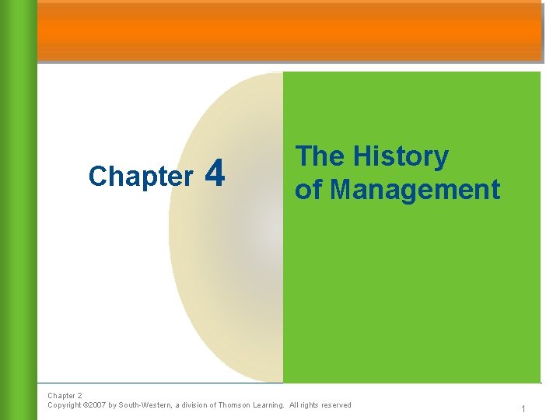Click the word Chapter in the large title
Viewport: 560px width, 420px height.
141,177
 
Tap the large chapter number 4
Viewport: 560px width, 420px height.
218,173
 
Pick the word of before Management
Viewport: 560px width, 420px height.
308,189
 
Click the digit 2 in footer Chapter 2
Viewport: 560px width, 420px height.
79,396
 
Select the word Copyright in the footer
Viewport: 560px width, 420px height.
65,405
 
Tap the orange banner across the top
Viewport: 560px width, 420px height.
289,31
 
